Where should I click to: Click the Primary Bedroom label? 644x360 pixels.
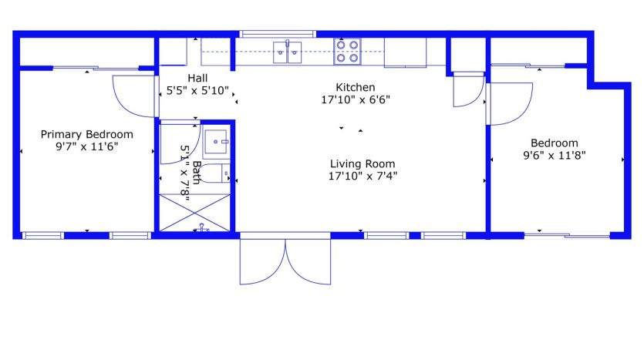pos(86,135)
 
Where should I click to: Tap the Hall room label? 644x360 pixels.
pos(197,78)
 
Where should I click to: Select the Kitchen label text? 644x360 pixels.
pos(356,87)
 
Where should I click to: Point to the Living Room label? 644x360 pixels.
pos(362,163)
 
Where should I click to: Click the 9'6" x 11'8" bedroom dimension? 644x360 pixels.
pos(555,156)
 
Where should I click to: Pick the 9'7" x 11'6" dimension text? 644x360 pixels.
pos(87,146)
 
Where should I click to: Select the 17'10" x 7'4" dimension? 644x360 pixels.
pos(362,176)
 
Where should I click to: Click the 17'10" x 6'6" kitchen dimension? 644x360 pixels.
pos(356,99)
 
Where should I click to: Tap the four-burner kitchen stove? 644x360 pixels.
pos(348,52)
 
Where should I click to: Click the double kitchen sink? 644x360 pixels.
pos(288,52)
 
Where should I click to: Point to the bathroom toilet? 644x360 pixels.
pos(215,173)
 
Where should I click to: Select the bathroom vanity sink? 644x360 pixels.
pos(217,142)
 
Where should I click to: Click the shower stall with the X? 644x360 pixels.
pos(194,213)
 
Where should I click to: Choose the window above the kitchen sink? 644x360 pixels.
pos(278,34)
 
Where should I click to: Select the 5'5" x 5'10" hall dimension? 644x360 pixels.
pos(197,90)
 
